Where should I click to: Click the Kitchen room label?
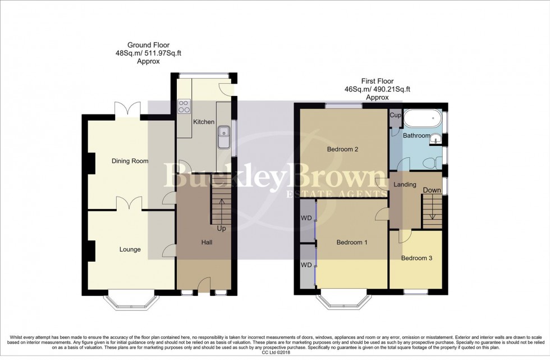pyautogui.click(x=203, y=122)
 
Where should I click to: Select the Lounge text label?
pyautogui.click(x=129, y=249)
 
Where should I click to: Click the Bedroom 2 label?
pyautogui.click(x=342, y=149)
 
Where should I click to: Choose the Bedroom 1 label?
pyautogui.click(x=351, y=243)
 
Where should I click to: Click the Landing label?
pyautogui.click(x=405, y=184)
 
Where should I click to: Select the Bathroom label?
pyautogui.click(x=416, y=136)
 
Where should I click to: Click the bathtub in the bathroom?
pyautogui.click(x=423, y=119)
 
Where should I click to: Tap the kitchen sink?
pyautogui.click(x=224, y=134)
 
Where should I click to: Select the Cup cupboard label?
pyautogui.click(x=395, y=115)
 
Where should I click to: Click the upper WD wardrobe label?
pyautogui.click(x=306, y=218)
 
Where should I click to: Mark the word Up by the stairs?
pyautogui.click(x=221, y=229)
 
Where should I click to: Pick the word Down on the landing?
pyautogui.click(x=432, y=190)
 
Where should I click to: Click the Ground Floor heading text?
pyautogui.click(x=148, y=45)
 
